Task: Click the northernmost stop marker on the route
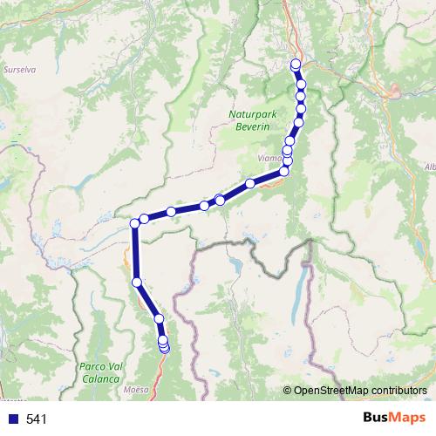pos(296,63)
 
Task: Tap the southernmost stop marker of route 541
pos(164,350)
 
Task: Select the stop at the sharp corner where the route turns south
pos(135,224)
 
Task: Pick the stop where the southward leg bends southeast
pos(137,282)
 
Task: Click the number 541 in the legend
pos(36,419)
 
